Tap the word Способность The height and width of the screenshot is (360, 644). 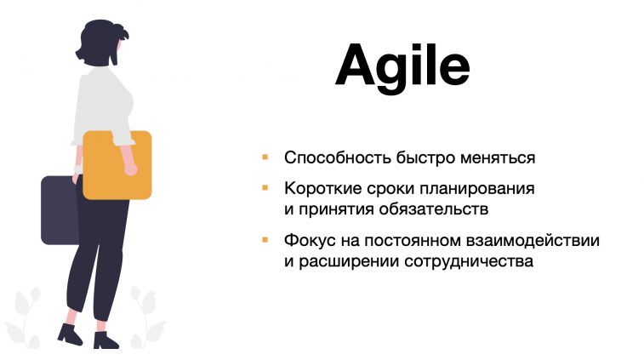[338, 157]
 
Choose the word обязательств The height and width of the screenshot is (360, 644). [434, 209]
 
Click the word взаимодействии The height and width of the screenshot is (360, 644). [533, 240]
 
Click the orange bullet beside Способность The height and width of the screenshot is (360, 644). [265, 157]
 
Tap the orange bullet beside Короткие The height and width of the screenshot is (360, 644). [265, 188]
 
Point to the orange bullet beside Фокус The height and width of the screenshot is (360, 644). [265, 239]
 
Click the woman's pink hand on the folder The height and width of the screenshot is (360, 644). [130, 168]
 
